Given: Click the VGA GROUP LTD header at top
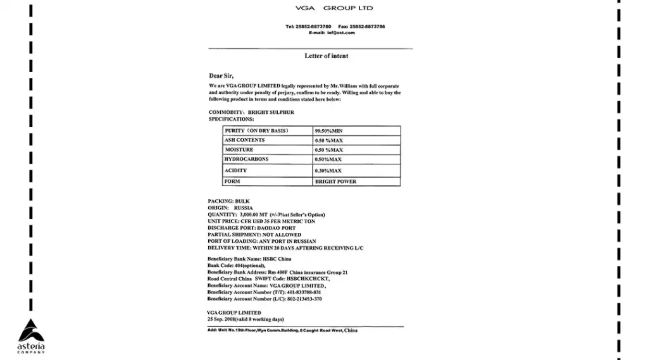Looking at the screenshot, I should click(334, 8).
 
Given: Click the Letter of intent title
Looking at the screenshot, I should click(327, 56).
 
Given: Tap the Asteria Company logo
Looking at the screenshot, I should click(31, 336).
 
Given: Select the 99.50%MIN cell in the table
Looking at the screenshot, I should click(328, 131).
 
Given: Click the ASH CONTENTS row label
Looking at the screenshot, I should click(245, 140).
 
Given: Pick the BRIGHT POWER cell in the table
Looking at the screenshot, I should click(335, 182).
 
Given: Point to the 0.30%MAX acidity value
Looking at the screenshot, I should click(328, 171).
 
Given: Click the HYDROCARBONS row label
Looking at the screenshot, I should click(246, 159).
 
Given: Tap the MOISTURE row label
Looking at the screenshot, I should click(239, 150).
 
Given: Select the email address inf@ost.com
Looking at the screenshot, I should click(341, 33).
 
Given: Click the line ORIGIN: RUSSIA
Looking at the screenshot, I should click(230, 208).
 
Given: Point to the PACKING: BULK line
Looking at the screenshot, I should click(228, 201).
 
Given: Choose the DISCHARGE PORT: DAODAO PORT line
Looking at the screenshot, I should click(251, 228).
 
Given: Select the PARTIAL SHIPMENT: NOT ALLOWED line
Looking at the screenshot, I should click(254, 235).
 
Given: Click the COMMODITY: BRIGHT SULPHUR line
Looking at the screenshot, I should click(251, 112).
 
